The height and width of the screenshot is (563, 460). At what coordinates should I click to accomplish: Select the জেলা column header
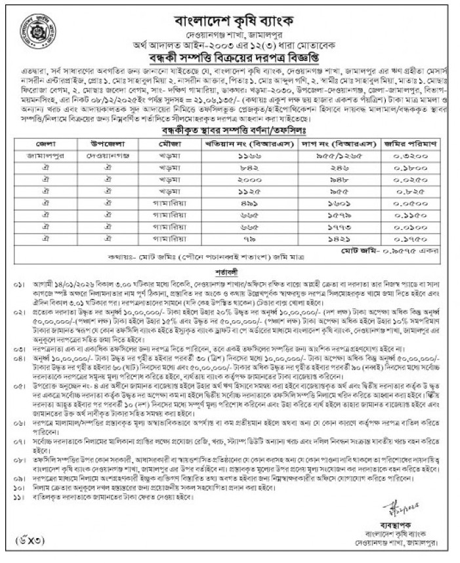point(48,142)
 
